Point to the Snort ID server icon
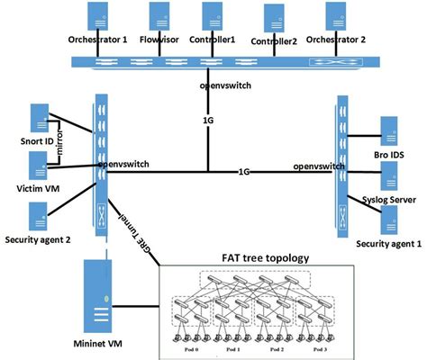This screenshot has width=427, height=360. [40, 118]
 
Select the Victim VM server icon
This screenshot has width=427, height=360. [40, 165]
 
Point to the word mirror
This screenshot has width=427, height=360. [61, 143]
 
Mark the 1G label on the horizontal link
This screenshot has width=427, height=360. [245, 171]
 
